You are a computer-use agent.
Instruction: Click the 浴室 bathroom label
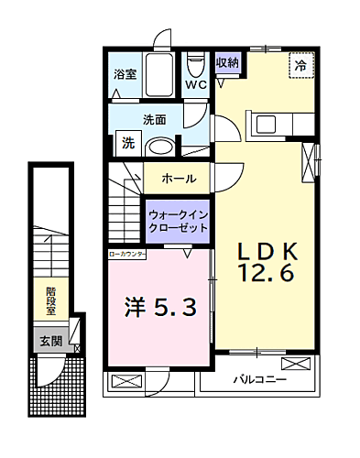[x=124, y=74]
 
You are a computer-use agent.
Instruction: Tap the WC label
[x=196, y=85]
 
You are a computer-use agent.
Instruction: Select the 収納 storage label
[x=227, y=62]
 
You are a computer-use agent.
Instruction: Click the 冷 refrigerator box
[x=300, y=66]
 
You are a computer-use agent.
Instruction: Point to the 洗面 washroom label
[x=153, y=120]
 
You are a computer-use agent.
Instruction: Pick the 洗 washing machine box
[x=126, y=144]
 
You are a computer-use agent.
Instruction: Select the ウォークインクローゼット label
[x=179, y=221]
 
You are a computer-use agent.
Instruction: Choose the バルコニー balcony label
[x=259, y=377]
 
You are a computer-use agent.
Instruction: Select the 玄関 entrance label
[x=51, y=341]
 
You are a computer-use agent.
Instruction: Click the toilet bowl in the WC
[x=196, y=65]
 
